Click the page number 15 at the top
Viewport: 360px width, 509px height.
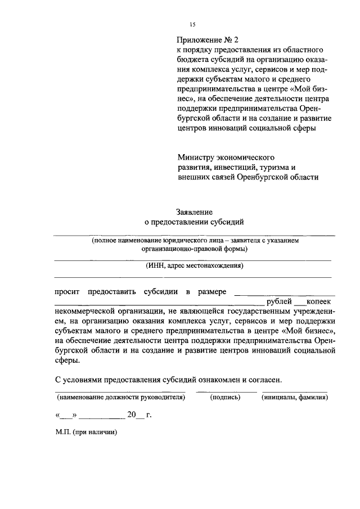192,24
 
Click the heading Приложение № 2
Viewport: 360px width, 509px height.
208,40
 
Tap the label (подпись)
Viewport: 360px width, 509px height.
225,397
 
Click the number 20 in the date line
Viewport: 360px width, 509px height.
132,416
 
